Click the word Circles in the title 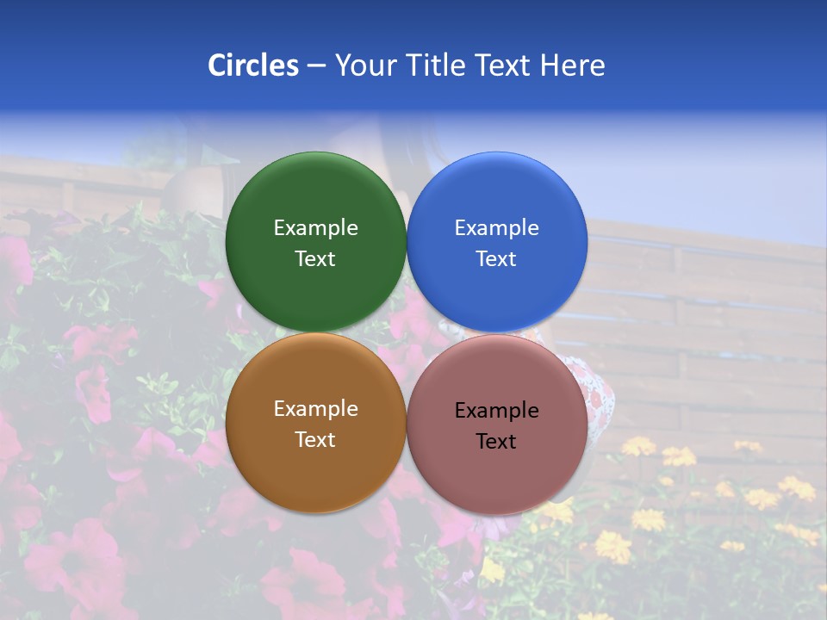252,65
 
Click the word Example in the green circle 315,228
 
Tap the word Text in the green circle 315,258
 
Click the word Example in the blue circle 496,228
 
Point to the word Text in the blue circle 496,258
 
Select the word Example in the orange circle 315,409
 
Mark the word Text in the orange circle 315,439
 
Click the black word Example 496,411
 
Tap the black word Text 496,441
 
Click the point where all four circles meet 407,332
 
